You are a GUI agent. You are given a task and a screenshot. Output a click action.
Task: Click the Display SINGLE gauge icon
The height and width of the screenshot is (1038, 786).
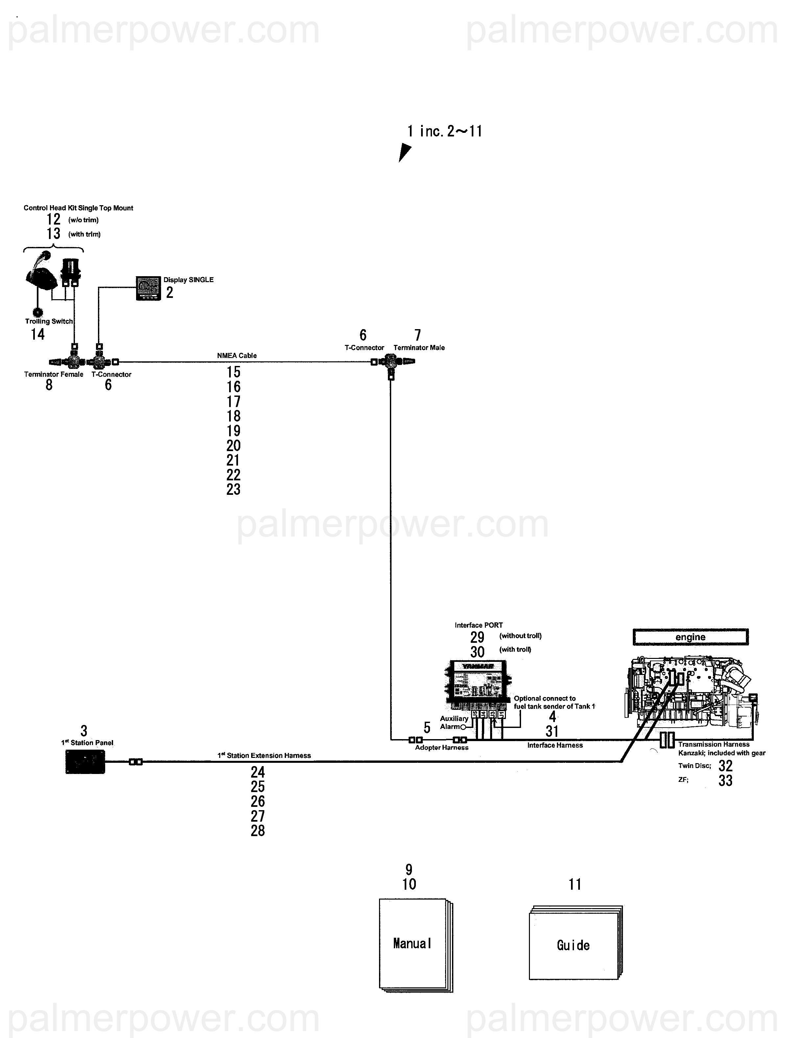pos(148,288)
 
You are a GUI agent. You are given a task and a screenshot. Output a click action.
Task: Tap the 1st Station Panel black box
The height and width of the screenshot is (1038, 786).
pos(85,761)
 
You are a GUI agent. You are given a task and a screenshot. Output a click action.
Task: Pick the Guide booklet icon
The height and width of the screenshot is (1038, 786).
pos(575,943)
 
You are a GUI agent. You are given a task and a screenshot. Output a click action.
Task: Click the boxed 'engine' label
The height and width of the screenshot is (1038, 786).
pos(690,637)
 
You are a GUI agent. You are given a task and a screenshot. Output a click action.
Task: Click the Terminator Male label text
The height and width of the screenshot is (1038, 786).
pos(419,348)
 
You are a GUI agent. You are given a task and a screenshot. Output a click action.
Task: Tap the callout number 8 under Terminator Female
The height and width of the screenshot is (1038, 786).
pos(49,385)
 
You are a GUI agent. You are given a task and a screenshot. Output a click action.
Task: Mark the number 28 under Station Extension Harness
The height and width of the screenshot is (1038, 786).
pos(258,831)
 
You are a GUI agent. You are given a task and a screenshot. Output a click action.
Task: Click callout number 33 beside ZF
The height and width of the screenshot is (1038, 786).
pos(725,780)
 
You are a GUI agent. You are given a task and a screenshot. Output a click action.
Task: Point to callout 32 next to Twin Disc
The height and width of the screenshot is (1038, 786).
pos(725,766)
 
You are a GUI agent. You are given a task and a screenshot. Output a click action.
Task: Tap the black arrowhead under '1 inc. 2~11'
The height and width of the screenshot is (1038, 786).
pos(404,153)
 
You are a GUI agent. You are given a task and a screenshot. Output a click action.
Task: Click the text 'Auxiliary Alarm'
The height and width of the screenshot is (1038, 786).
pos(453,722)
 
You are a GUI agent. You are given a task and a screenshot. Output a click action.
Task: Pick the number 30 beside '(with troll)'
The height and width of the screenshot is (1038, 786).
pos(477,652)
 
